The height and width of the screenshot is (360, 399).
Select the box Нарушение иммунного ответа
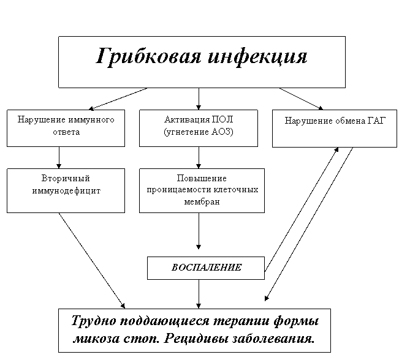66,128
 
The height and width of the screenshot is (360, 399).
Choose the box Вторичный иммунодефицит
66,190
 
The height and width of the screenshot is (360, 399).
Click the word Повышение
202,178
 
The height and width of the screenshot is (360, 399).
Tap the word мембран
202,201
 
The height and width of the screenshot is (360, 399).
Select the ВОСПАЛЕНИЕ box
206,268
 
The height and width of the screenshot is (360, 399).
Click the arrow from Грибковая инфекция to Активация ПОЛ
199,99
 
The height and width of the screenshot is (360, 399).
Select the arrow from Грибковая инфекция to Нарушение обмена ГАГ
302,99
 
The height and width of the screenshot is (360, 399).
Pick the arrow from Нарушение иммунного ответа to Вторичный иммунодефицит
59,157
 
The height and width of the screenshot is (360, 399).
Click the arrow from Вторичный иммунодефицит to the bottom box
92,261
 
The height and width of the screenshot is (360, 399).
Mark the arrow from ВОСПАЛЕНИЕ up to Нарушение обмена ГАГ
302,209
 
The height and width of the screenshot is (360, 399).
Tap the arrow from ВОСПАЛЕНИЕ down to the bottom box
199,294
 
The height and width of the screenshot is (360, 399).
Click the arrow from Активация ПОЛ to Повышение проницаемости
199,157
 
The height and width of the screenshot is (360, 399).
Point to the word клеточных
236,190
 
